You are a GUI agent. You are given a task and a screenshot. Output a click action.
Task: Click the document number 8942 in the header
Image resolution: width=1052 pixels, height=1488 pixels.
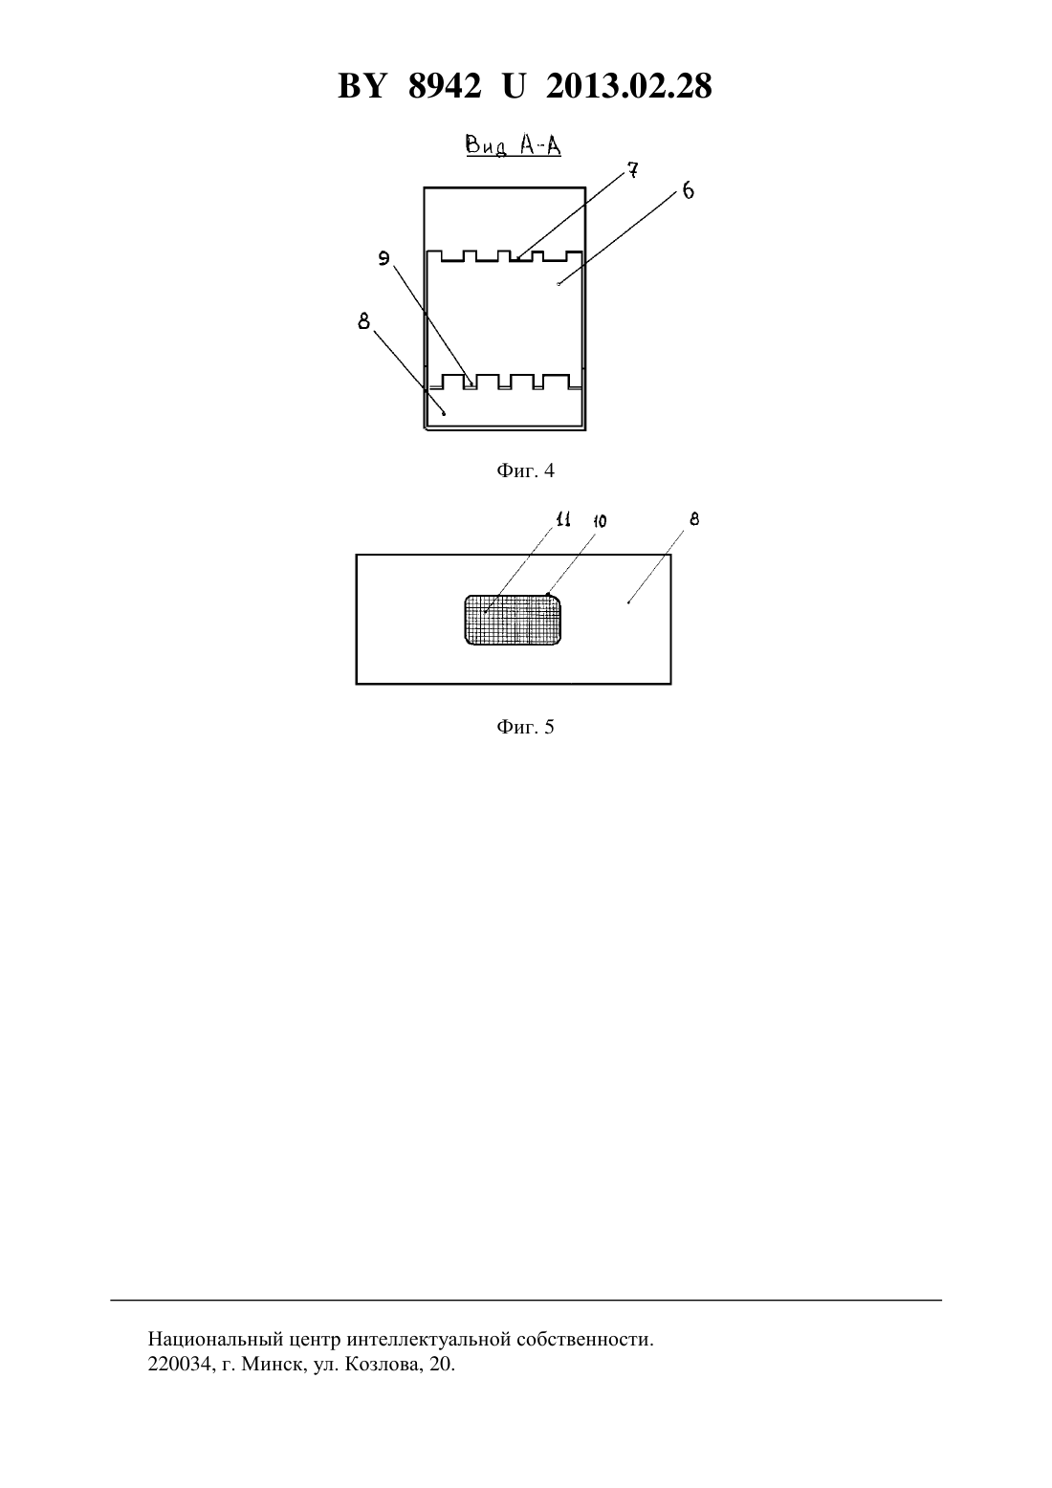(445, 86)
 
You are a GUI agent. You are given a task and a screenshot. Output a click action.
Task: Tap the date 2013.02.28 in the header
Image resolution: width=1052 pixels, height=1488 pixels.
(629, 86)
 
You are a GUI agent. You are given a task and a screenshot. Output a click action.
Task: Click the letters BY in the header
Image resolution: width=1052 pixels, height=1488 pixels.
(362, 86)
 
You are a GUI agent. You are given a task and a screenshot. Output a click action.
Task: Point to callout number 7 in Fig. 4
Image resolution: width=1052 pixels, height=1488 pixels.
(632, 170)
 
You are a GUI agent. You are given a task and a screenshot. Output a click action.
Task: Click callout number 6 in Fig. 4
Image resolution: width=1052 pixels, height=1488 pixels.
(688, 191)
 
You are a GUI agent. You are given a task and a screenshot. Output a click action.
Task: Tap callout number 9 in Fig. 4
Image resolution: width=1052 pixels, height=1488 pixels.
(384, 258)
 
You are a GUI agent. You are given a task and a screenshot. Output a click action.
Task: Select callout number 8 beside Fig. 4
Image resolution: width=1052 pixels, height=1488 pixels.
(364, 321)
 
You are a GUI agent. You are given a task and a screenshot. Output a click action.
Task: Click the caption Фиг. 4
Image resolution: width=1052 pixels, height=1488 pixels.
(525, 471)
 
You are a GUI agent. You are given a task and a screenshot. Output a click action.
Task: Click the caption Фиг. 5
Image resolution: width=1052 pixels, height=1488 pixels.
(525, 727)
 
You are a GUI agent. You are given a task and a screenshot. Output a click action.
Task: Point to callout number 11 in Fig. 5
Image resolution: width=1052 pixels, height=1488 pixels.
(563, 519)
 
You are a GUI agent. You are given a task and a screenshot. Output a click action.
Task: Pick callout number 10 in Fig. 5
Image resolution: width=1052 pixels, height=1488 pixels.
(600, 521)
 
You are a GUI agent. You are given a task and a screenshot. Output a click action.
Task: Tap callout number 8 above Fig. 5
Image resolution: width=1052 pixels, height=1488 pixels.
(694, 519)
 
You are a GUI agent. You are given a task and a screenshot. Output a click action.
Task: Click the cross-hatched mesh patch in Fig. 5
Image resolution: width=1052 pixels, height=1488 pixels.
(513, 620)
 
